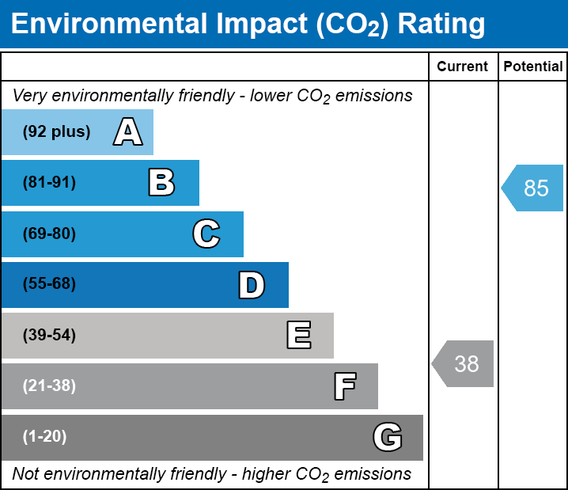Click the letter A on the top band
point(128,132)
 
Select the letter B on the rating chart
point(161,183)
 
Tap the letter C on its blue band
point(206,234)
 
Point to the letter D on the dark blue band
point(252,285)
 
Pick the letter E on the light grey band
point(298,336)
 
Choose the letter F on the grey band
point(344,386)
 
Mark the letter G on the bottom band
point(388,437)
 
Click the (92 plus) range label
point(56,132)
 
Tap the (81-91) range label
point(49,183)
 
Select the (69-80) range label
point(49,234)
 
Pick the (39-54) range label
point(49,336)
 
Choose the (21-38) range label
point(49,386)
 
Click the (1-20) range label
point(45,437)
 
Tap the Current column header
point(463,67)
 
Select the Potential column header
point(533,67)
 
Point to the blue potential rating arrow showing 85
point(533,188)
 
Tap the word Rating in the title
point(441,25)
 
